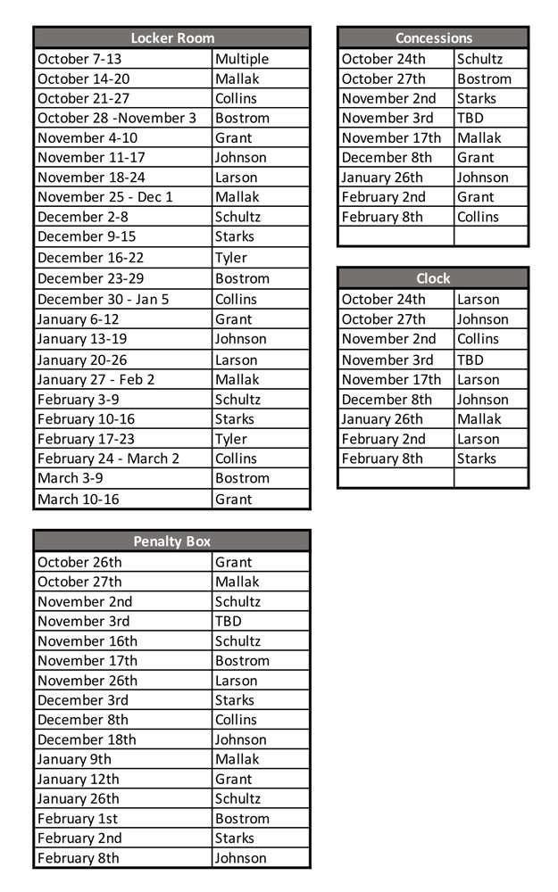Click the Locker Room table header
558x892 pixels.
[172, 37]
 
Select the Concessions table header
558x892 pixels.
[433, 37]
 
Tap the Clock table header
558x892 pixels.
[433, 278]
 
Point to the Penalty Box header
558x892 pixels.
[172, 541]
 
